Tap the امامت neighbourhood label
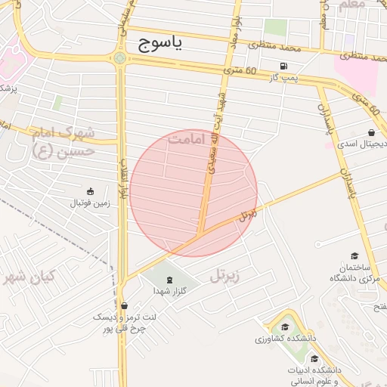click(188, 140)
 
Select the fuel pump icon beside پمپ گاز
click(283, 66)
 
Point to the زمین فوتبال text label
click(90, 203)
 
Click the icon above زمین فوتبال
click(91, 190)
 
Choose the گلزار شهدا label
click(170, 290)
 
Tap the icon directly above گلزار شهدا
click(168, 280)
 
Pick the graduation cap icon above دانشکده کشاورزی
click(285, 327)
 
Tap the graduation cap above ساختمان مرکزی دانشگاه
click(354, 257)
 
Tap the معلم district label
click(353, 5)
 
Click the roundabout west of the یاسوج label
click(119, 57)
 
